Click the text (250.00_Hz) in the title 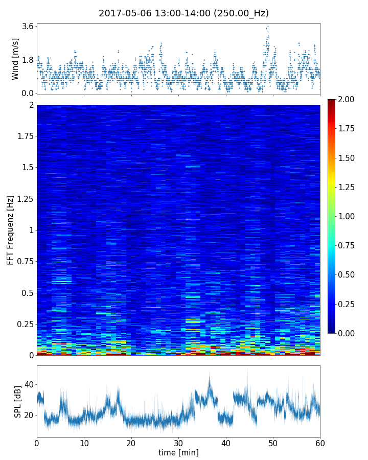tap(241, 13)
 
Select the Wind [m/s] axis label tap(15, 59)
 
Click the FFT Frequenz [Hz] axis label tap(10, 229)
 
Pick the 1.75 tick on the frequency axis tap(25, 136)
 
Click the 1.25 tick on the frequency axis tap(25, 199)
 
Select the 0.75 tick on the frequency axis tap(25, 261)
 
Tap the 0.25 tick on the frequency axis tap(25, 324)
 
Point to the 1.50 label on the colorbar tap(348, 158)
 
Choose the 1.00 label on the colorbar tap(348, 216)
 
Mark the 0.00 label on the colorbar tap(348, 333)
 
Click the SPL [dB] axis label tap(17, 401)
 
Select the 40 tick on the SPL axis tap(29, 384)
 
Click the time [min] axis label tap(178, 452)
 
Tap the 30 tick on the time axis tap(178, 443)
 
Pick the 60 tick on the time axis tap(320, 443)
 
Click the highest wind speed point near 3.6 tap(268, 26)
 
